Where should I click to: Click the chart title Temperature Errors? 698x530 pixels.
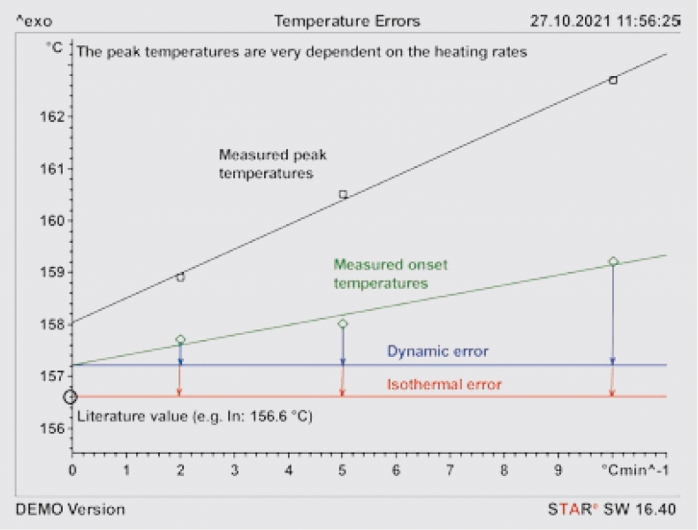pyautogui.click(x=346, y=20)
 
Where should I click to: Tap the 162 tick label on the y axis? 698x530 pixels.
pyautogui.click(x=53, y=117)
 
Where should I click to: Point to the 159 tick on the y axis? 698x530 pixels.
pyautogui.click(x=53, y=272)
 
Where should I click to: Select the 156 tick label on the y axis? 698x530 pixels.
pyautogui.click(x=53, y=428)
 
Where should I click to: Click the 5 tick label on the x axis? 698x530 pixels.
pyautogui.click(x=342, y=471)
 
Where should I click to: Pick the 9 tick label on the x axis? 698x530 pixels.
pyautogui.click(x=558, y=471)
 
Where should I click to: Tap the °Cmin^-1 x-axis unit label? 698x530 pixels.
pyautogui.click(x=634, y=471)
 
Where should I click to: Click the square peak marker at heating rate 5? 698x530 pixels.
pyautogui.click(x=343, y=194)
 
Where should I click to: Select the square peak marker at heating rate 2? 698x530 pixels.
pyautogui.click(x=180, y=277)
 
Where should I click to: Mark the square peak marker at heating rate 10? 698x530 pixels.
pyautogui.click(x=613, y=80)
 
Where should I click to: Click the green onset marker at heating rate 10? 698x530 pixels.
pyautogui.click(x=613, y=261)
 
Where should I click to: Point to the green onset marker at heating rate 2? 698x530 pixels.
pyautogui.click(x=180, y=339)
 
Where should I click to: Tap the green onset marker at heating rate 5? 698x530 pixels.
pyautogui.click(x=343, y=324)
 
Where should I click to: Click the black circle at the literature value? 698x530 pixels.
pyautogui.click(x=71, y=397)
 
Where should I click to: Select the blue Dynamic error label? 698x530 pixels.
pyautogui.click(x=437, y=352)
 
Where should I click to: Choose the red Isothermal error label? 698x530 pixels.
pyautogui.click(x=444, y=384)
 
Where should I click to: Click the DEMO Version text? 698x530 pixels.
pyautogui.click(x=71, y=510)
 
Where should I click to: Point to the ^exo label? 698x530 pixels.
pyautogui.click(x=31, y=20)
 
